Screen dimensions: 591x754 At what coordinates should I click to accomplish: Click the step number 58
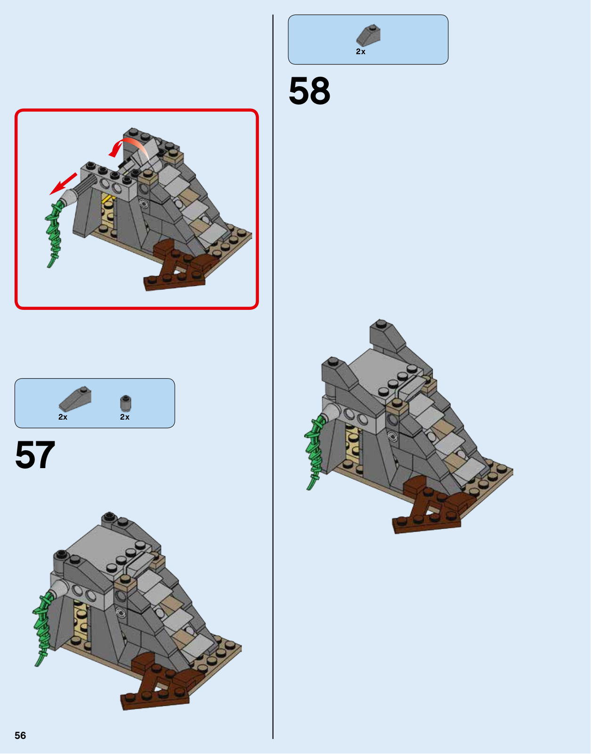pyautogui.click(x=309, y=91)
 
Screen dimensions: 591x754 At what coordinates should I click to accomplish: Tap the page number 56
pyautogui.click(x=20, y=735)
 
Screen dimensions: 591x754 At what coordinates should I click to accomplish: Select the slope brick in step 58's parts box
pyautogui.click(x=369, y=35)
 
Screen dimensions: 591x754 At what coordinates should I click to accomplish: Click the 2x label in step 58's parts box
pyautogui.click(x=360, y=52)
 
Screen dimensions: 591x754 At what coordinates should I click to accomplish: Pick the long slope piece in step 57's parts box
pyautogui.click(x=75, y=399)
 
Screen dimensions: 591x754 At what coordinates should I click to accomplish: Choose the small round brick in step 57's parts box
pyautogui.click(x=125, y=403)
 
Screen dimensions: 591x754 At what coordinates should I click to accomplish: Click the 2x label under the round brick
pyautogui.click(x=124, y=417)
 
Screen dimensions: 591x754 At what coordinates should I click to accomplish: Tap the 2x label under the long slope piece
pyautogui.click(x=63, y=417)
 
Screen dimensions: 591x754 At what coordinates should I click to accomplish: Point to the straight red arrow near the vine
pyautogui.click(x=64, y=184)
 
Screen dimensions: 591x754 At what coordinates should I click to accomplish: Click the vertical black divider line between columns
pyautogui.click(x=273, y=376)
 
